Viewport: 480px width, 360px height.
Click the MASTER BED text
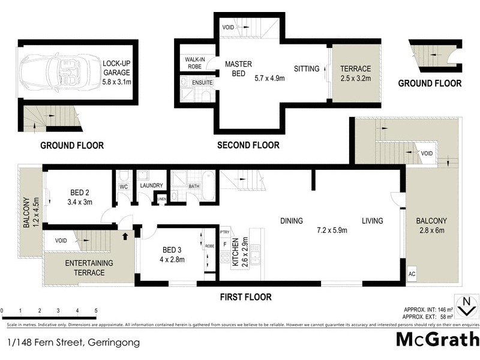coord(238,69)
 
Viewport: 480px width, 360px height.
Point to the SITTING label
coord(306,69)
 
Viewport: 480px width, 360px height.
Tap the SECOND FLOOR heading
coord(248,145)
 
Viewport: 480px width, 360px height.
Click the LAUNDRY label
coord(151,185)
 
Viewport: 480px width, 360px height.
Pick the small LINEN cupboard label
coord(161,199)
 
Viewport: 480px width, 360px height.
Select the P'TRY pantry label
coord(225,232)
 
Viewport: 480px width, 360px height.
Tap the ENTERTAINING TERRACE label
coord(85,268)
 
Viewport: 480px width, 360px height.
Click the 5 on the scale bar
coord(96,310)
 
